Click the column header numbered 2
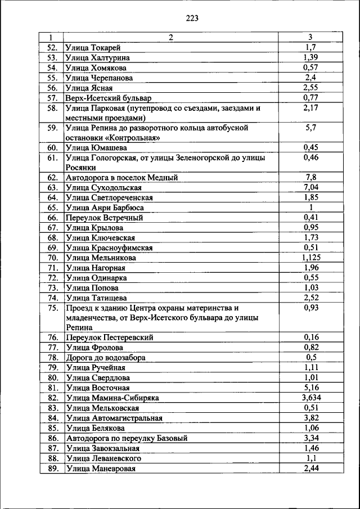[x=171, y=37]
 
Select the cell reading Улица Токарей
[x=93, y=47]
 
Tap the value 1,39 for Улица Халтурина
[x=310, y=57]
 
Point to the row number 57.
[x=53, y=98]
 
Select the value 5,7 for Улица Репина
[x=310, y=128]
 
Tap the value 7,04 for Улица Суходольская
[x=310, y=187]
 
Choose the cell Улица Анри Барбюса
[x=105, y=208]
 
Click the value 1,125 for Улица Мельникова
[x=310, y=258]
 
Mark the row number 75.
[x=53, y=308]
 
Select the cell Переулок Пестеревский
[x=110, y=337]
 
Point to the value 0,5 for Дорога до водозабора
[x=310, y=358]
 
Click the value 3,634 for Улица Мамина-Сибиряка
[x=310, y=398]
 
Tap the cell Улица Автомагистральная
[x=114, y=418]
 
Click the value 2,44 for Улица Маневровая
[x=310, y=468]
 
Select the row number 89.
[x=53, y=468]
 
